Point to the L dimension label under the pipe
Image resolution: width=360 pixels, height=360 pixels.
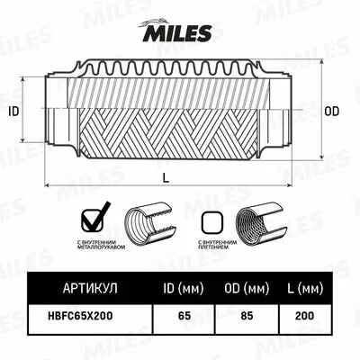coord(166,177)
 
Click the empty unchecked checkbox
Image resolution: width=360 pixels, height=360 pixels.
coord(211,220)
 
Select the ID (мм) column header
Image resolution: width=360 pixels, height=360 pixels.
coord(184,289)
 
